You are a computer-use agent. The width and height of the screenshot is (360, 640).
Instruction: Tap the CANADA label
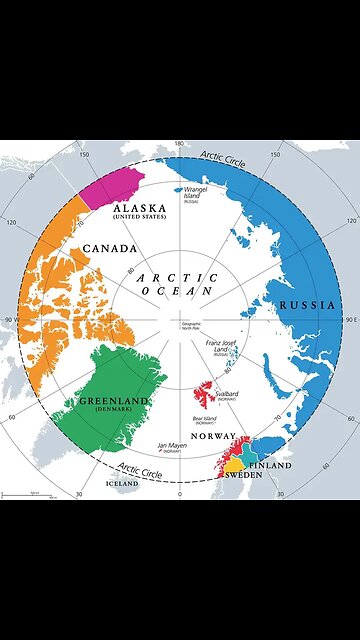110,247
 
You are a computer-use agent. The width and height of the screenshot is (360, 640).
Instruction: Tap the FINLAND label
270,466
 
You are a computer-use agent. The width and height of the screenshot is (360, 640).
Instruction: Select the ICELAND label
123,483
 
